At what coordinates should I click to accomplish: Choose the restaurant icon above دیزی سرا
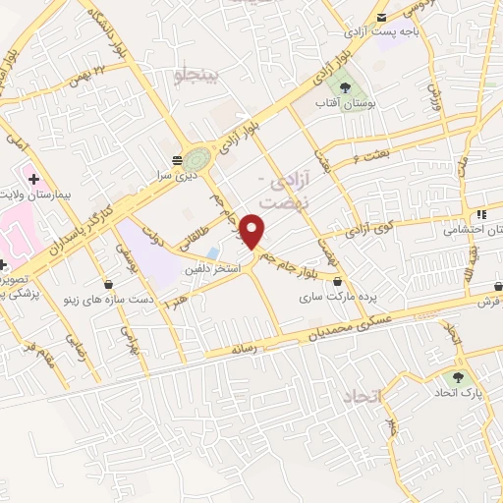point(177,159)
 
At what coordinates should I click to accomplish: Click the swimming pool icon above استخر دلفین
point(213,252)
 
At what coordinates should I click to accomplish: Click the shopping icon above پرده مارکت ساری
point(339,281)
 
